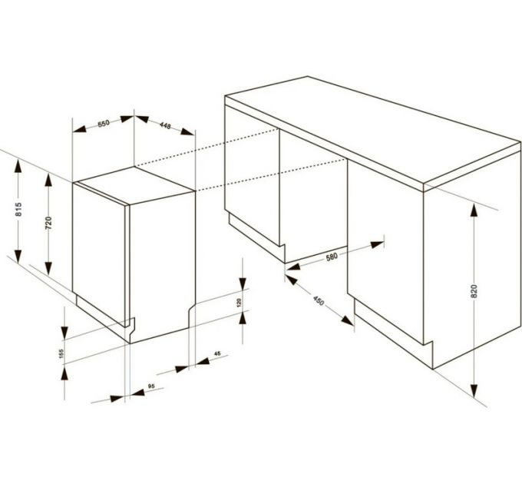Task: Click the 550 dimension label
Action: coord(104,123)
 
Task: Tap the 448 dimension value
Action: coord(165,125)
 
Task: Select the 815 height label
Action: coord(18,209)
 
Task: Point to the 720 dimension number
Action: coord(48,223)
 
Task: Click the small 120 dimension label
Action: coord(239,303)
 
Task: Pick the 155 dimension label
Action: coord(61,353)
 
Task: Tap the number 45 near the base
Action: coord(217,353)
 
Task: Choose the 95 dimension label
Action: coord(151,386)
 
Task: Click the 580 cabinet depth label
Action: coord(332,257)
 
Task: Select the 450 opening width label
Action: coord(319,301)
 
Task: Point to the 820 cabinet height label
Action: coord(474,291)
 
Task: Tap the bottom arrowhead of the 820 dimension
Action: coord(474,391)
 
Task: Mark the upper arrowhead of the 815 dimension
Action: coord(18,167)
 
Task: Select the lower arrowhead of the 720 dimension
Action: coord(48,268)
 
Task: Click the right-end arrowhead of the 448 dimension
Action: coord(187,131)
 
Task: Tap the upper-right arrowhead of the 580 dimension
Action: coord(377,245)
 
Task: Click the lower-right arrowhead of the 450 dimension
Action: coord(348,321)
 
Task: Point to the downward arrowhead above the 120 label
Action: coord(243,283)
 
